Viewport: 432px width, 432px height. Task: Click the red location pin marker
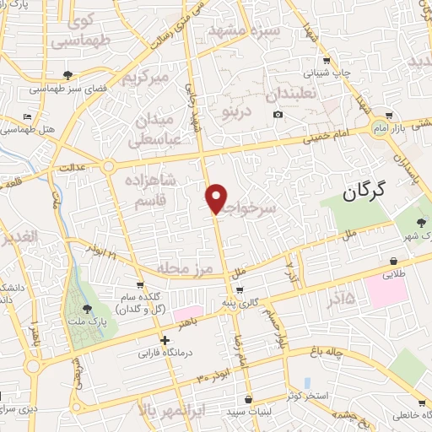tap(217, 197)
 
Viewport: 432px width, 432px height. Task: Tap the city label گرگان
tap(364, 192)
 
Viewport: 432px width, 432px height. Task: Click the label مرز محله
tap(188, 265)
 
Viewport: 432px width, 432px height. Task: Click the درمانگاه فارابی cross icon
tap(165, 340)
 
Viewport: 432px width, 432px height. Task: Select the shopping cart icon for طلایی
tap(395, 261)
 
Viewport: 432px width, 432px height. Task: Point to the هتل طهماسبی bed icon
tap(28, 117)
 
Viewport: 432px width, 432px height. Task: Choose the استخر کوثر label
tap(310, 395)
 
